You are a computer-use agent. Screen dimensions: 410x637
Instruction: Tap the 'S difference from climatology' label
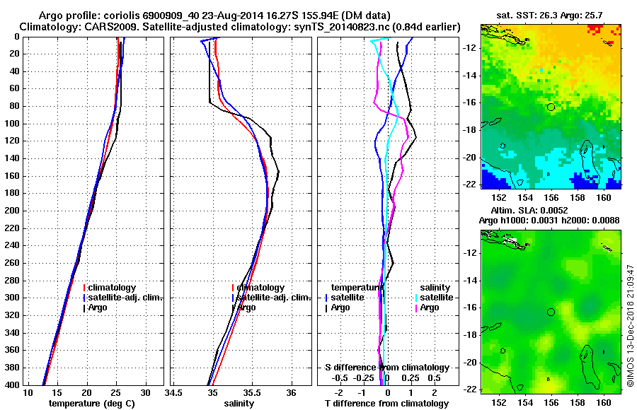[386, 368]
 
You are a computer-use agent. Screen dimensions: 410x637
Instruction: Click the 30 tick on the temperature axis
[145, 392]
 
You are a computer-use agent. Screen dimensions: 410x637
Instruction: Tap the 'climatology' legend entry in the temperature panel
[113, 288]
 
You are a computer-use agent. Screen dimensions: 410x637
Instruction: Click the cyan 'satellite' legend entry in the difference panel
[435, 298]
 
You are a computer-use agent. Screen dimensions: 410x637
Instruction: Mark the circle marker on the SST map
[551, 107]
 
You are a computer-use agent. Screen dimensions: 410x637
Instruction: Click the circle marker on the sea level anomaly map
[551, 312]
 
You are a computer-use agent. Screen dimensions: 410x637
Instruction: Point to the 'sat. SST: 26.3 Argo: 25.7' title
[552, 14]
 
